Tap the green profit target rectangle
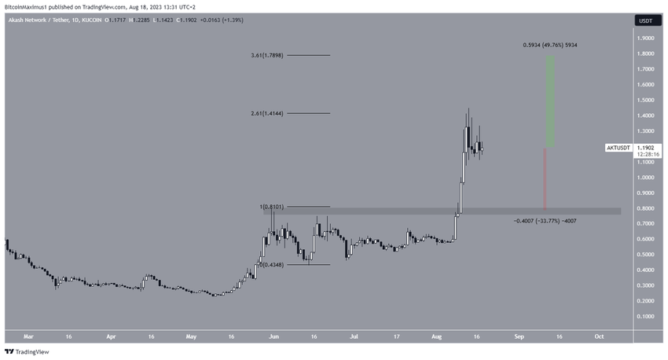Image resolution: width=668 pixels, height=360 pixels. (x=551, y=101)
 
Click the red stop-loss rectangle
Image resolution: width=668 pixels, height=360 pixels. (x=545, y=179)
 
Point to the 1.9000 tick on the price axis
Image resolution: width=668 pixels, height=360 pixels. (x=647, y=38)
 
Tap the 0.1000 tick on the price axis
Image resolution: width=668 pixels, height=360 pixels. (x=647, y=316)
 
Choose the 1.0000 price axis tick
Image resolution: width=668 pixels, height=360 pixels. (x=647, y=178)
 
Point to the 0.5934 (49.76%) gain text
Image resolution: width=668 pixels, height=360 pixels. (x=550, y=46)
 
